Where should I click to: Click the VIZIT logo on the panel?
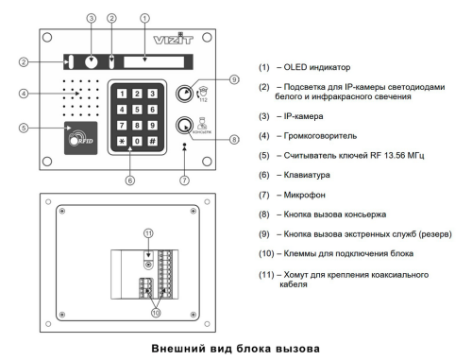click(173, 39)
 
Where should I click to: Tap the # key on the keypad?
click(152, 141)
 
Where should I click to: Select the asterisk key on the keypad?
click(122, 141)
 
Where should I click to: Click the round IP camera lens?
click(92, 62)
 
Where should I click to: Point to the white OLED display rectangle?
click(154, 62)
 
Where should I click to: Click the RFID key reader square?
click(81, 138)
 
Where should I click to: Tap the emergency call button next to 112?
click(184, 94)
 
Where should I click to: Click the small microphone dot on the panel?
click(185, 145)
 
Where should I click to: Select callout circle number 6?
click(130, 180)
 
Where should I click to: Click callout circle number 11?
click(148, 233)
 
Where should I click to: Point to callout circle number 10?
click(156, 313)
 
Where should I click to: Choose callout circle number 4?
click(24, 94)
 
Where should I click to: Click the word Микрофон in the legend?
click(304, 195)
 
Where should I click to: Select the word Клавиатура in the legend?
click(307, 175)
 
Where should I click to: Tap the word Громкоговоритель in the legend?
click(320, 136)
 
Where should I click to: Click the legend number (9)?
click(264, 234)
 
